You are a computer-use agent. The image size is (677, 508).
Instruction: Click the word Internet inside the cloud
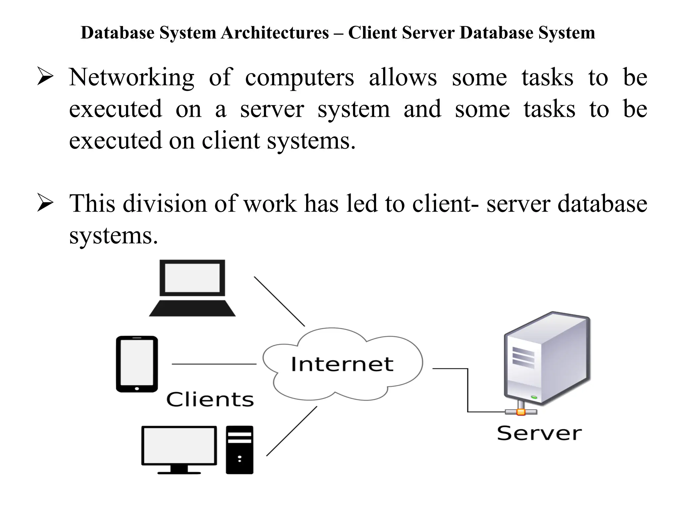tap(342, 364)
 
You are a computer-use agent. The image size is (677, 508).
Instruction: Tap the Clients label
tap(210, 400)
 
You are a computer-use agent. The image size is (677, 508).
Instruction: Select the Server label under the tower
tap(539, 433)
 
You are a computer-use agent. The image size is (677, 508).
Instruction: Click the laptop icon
tap(192, 288)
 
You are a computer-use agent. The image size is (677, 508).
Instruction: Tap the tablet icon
tap(137, 364)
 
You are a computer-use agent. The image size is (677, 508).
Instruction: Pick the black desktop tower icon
tap(240, 450)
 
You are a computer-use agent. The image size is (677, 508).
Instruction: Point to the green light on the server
tap(534, 397)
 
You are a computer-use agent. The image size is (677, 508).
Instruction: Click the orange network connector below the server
tap(521, 412)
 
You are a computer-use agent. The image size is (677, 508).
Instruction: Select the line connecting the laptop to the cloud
tap(279, 301)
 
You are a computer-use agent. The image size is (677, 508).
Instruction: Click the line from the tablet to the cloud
tap(214, 364)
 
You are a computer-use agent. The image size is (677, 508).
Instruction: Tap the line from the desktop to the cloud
tap(292, 431)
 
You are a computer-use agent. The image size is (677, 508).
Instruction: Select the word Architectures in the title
tap(275, 33)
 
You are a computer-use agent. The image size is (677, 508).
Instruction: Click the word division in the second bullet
tap(165, 204)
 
